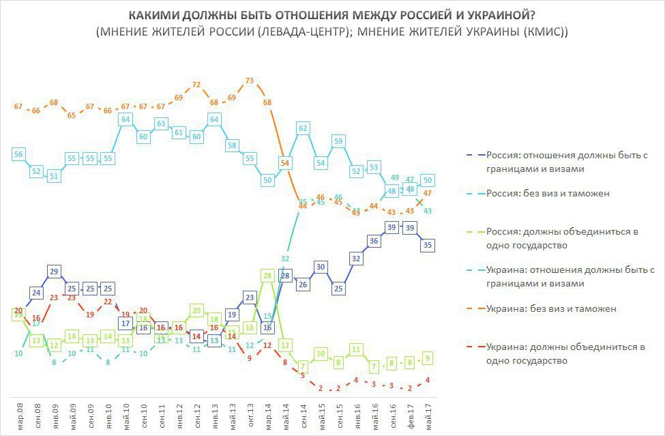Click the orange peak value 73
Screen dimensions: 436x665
point(250,81)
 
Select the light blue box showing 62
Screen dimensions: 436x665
point(304,128)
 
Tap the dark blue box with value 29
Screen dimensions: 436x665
point(55,271)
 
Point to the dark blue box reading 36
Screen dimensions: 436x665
point(374,240)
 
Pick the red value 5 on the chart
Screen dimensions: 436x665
point(303,375)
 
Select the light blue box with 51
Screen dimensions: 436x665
point(55,175)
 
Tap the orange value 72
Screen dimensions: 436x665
point(196,85)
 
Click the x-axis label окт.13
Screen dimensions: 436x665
point(250,415)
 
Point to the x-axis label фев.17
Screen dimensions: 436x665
point(410,415)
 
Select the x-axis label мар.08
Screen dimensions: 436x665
point(18,415)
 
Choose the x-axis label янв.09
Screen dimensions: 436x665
point(55,415)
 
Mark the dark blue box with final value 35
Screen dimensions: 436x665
point(428,244)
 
